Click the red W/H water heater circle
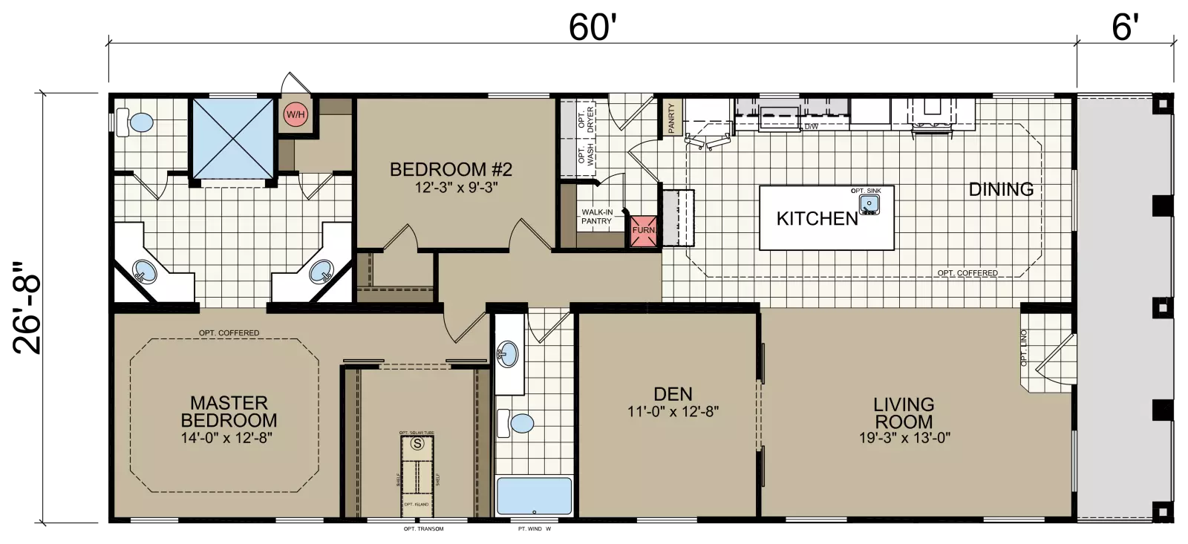pyautogui.click(x=296, y=115)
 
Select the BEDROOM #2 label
pyautogui.click(x=451, y=169)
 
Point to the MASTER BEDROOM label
pyautogui.click(x=229, y=412)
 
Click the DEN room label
pyautogui.click(x=673, y=395)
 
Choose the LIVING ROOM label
pyautogui.click(x=904, y=413)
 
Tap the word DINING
pyautogui.click(x=1001, y=189)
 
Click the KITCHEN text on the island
pyautogui.click(x=817, y=218)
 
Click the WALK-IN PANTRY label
pyautogui.click(x=596, y=217)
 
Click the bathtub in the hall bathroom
pyautogui.click(x=534, y=496)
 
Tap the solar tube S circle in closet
pyautogui.click(x=417, y=444)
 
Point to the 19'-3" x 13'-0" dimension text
pyautogui.click(x=904, y=438)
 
